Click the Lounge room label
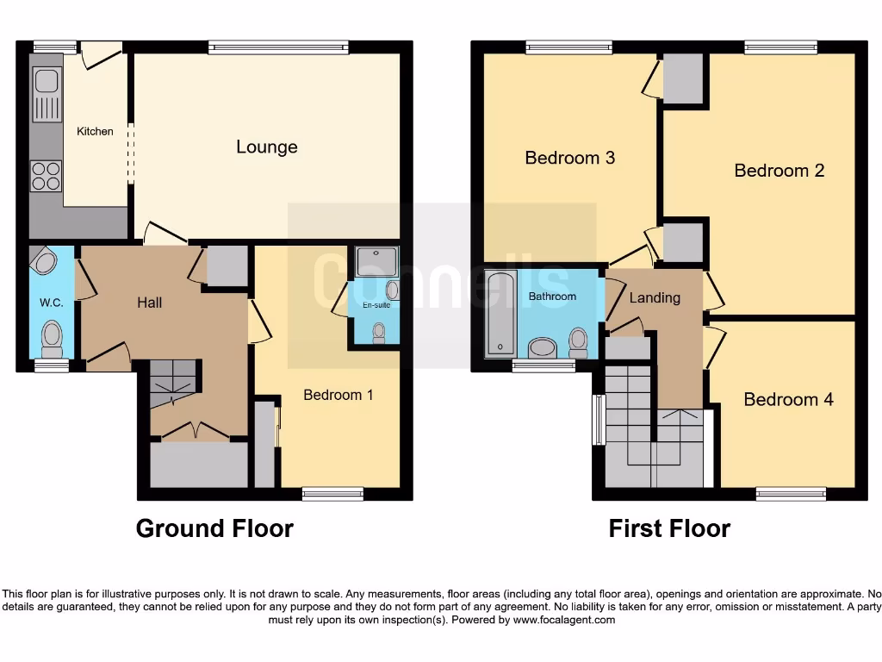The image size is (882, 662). click(267, 147)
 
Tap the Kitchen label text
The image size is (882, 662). click(95, 132)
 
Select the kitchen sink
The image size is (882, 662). click(45, 95)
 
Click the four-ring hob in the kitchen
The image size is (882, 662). click(46, 176)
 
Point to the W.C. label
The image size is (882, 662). click(47, 303)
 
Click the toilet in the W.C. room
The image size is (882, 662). click(53, 337)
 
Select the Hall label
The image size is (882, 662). click(149, 303)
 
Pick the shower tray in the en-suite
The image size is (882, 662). click(376, 262)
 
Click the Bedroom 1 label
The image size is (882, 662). click(339, 395)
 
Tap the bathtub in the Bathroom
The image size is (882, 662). click(500, 313)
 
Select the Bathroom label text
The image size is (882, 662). click(552, 297)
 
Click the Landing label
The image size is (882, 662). click(655, 298)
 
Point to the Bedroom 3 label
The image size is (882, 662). click(569, 158)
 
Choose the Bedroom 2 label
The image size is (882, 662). click(779, 171)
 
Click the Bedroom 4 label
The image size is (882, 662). click(788, 400)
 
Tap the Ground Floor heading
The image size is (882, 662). click(214, 528)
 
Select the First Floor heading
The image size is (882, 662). click(669, 528)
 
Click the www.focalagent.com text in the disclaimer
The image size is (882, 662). click(563, 620)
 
